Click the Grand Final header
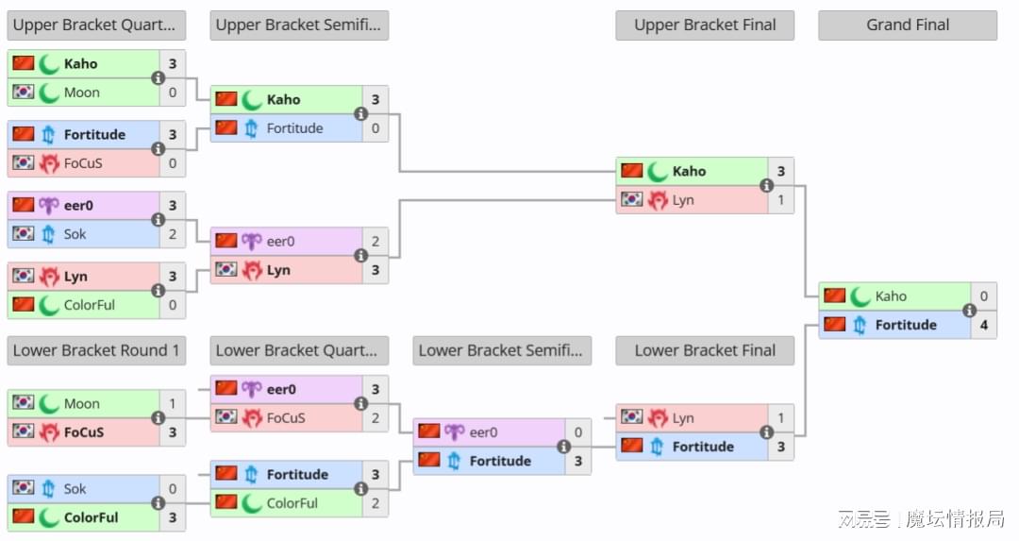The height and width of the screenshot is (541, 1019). click(908, 25)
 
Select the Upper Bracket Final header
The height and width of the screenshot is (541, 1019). click(705, 25)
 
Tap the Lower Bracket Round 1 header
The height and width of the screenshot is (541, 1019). click(96, 350)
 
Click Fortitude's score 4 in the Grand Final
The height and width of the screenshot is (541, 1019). click(984, 325)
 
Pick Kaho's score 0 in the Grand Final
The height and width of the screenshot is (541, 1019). click(984, 296)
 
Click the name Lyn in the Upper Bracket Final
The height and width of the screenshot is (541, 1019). click(683, 200)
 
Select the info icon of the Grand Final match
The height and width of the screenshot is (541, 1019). click(969, 311)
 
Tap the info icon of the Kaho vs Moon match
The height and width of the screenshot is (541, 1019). click(158, 78)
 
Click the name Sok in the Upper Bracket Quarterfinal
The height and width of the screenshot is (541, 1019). click(75, 234)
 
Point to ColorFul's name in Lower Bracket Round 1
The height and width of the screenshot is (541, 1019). click(91, 517)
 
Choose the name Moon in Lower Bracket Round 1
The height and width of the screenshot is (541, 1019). click(82, 404)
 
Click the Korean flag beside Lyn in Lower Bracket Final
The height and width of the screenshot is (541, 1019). click(631, 416)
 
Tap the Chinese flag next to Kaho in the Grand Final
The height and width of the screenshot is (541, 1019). click(834, 296)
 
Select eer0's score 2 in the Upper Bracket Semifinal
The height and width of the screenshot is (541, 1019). click(376, 242)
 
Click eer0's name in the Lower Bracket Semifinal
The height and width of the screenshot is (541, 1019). click(483, 432)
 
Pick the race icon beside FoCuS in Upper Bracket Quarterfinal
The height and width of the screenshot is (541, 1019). click(49, 163)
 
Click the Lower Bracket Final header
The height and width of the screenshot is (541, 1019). click(705, 350)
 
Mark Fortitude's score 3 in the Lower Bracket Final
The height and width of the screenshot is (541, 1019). click(781, 447)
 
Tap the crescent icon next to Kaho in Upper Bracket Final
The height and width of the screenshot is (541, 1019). click(657, 172)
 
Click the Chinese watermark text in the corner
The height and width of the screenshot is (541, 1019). click(921, 519)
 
